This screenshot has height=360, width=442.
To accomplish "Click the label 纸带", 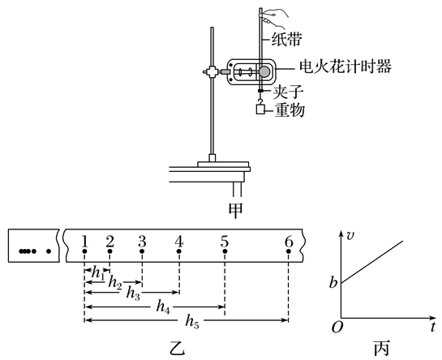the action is [286, 39].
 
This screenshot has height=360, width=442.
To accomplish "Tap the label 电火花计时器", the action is [345, 66].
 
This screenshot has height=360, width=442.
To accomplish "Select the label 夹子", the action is [288, 92].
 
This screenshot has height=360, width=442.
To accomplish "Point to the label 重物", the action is [290, 109].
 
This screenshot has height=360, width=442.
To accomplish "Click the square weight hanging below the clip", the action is [261, 109].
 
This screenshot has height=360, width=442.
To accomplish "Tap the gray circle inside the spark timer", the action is [264, 72].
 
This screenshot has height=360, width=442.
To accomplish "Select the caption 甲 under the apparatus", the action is [235, 210].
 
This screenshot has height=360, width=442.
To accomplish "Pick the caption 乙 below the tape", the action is [178, 349].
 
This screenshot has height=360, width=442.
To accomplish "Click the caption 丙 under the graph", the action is [382, 349].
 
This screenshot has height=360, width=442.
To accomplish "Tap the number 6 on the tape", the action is [289, 242].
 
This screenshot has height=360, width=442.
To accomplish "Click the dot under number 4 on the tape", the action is [179, 251].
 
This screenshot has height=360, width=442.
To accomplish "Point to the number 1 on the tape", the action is [84, 242].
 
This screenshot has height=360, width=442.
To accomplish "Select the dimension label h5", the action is [192, 321].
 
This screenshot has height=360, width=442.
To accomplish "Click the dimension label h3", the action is [133, 294].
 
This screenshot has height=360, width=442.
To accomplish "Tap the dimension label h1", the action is [98, 273].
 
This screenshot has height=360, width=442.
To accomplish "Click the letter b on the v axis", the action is [333, 282].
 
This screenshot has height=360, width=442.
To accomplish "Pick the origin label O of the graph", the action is [337, 328].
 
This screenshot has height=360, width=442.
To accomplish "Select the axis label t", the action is [433, 327].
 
